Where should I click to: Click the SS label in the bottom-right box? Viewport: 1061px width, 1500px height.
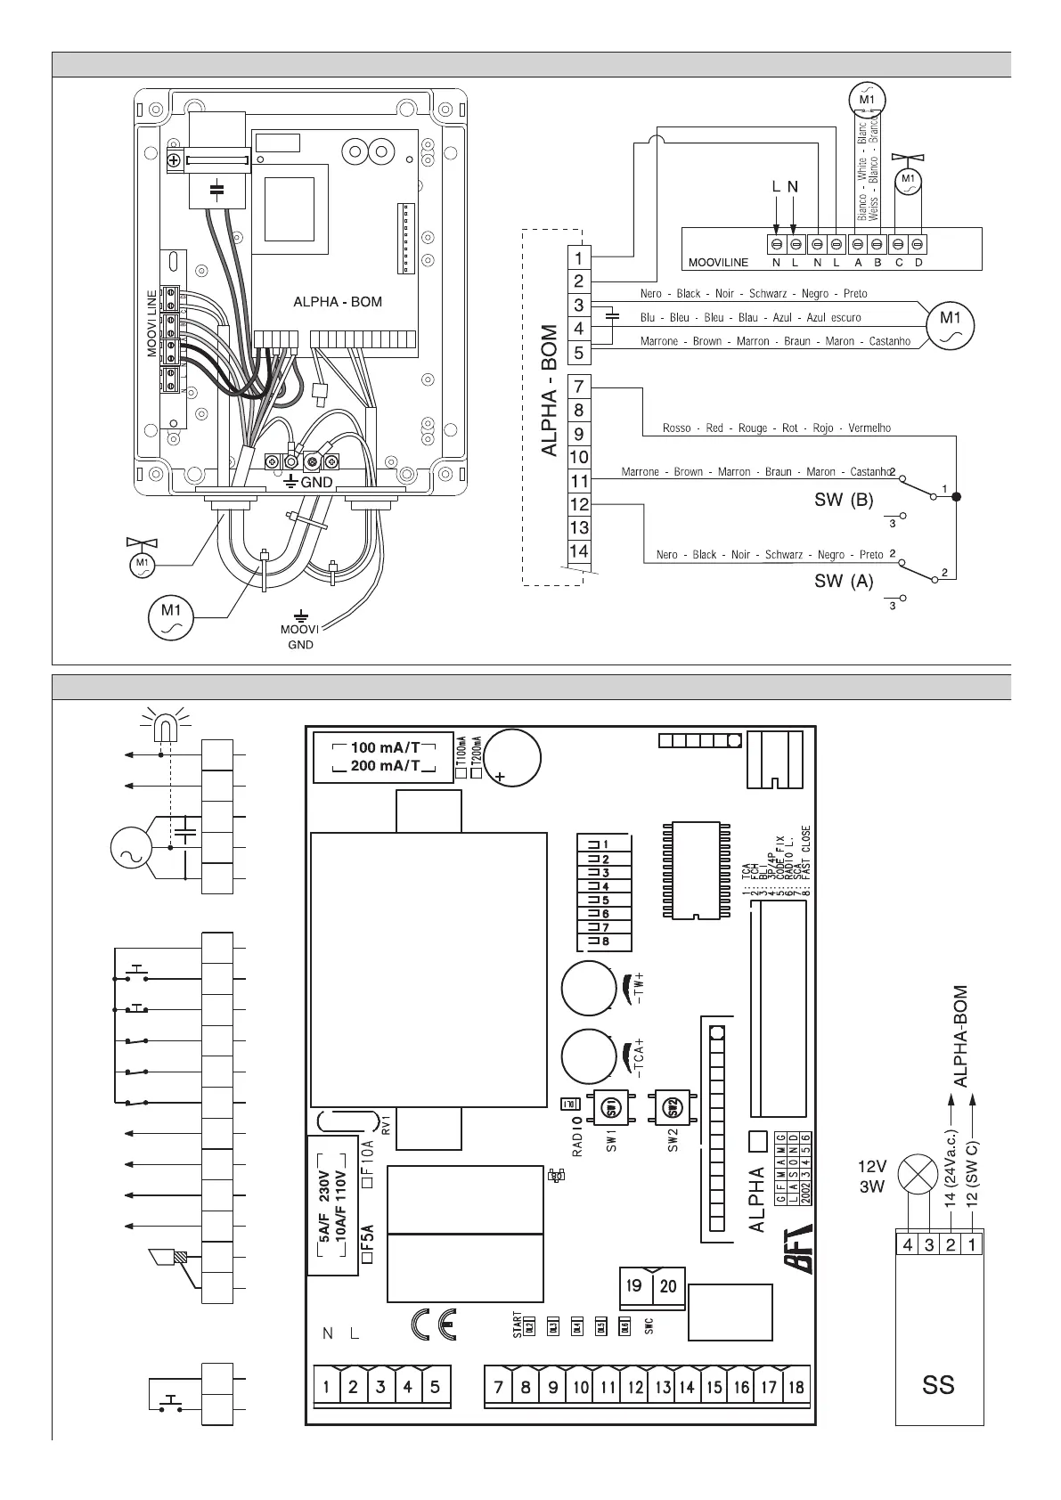939,1385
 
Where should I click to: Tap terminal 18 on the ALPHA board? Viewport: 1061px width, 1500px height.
796,1387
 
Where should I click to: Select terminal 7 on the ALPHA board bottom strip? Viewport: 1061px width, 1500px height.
499,1387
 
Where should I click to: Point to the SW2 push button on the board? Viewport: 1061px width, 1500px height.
673,1108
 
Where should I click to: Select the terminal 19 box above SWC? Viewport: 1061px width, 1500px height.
634,1286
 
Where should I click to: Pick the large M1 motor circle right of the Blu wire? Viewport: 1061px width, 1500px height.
950,325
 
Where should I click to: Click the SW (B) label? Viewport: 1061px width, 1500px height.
844,501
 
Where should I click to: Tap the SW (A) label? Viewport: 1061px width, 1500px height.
844,582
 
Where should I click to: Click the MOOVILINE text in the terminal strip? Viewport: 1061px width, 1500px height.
718,263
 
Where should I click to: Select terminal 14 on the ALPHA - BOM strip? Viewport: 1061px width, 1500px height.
579,551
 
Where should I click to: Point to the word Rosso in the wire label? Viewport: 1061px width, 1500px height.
677,428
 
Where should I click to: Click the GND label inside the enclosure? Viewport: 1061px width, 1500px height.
316,482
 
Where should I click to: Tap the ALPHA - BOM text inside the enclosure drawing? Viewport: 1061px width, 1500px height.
338,302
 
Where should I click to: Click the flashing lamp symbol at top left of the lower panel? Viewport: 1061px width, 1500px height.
161,728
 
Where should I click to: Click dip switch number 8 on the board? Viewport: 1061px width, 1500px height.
605,942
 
